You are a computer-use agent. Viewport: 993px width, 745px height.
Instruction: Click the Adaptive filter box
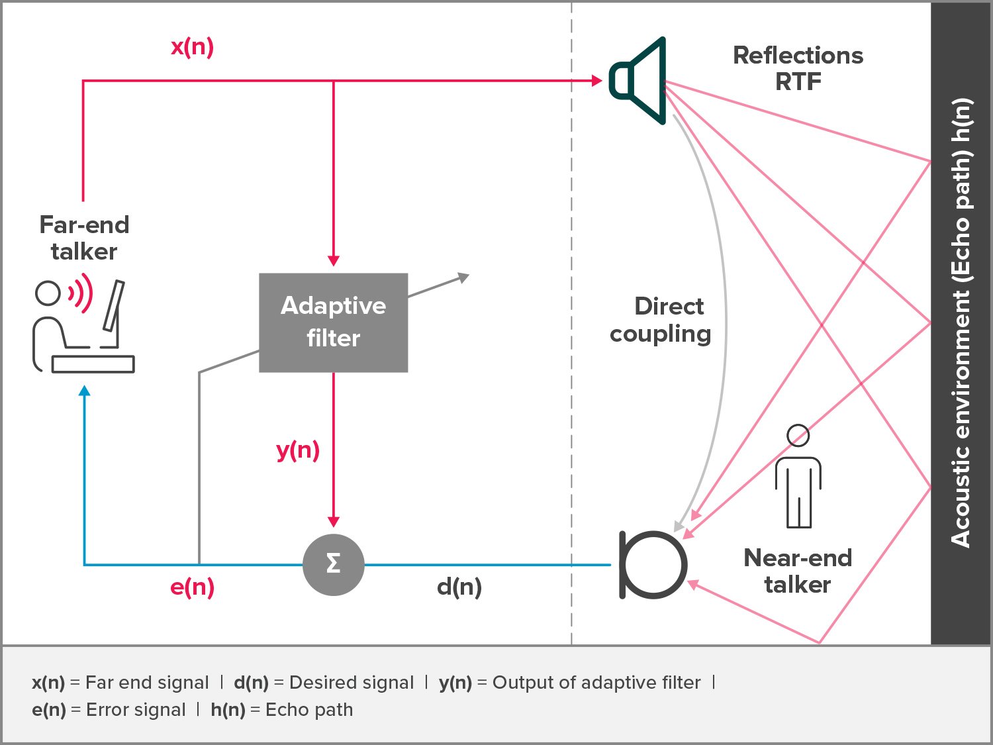click(333, 323)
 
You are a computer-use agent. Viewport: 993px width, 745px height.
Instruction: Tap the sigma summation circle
click(334, 564)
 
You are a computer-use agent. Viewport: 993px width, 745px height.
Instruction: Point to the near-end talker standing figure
click(798, 477)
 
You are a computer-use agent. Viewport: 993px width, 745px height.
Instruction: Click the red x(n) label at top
click(192, 47)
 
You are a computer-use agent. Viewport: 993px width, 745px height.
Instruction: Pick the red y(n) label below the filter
click(298, 450)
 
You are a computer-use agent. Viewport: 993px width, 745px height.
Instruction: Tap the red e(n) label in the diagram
click(192, 587)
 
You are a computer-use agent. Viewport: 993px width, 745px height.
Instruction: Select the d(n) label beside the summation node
click(459, 587)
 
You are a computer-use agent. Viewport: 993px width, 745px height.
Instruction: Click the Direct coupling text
click(661, 320)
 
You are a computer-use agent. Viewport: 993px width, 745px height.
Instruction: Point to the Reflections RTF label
click(798, 68)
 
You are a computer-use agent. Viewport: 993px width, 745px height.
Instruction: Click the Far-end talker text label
click(84, 238)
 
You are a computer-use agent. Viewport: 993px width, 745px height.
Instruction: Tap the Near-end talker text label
click(798, 571)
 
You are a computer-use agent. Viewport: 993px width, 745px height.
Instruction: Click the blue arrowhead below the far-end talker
click(84, 391)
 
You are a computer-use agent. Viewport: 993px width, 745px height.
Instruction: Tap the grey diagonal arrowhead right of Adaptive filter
click(463, 277)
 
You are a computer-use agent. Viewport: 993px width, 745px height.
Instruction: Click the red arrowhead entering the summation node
click(334, 522)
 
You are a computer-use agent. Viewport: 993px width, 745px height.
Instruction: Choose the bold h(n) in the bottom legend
click(228, 710)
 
